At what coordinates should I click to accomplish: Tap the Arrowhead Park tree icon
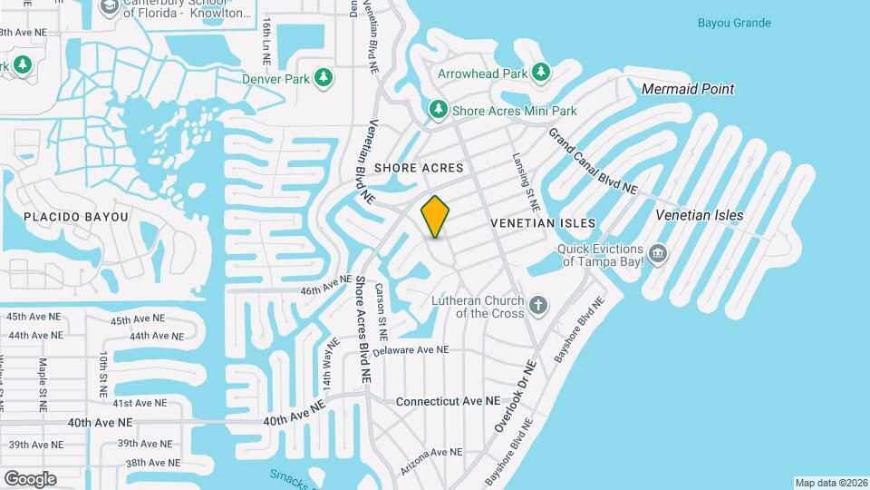point(541,72)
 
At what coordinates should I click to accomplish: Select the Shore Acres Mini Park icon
point(439,110)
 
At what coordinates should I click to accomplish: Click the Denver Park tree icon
point(324,79)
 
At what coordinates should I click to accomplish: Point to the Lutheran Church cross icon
point(538,305)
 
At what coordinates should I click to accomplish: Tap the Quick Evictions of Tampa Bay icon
point(659,252)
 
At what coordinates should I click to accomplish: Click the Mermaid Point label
point(687,89)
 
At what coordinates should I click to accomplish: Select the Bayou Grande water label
point(734,23)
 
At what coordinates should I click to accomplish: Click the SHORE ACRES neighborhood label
point(419,168)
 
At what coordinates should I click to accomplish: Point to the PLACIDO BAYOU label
point(76,217)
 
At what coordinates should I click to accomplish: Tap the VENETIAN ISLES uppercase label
point(543,223)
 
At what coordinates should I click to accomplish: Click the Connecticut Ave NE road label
point(448,400)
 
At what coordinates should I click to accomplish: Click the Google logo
point(30,478)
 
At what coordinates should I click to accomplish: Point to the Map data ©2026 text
point(830,483)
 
